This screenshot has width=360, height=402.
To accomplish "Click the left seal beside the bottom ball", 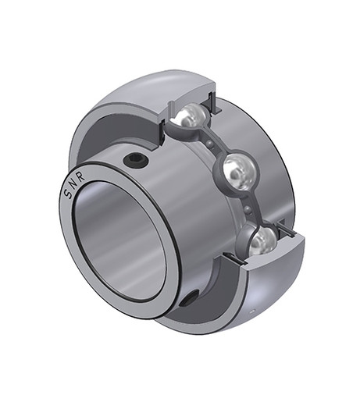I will (234, 258).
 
